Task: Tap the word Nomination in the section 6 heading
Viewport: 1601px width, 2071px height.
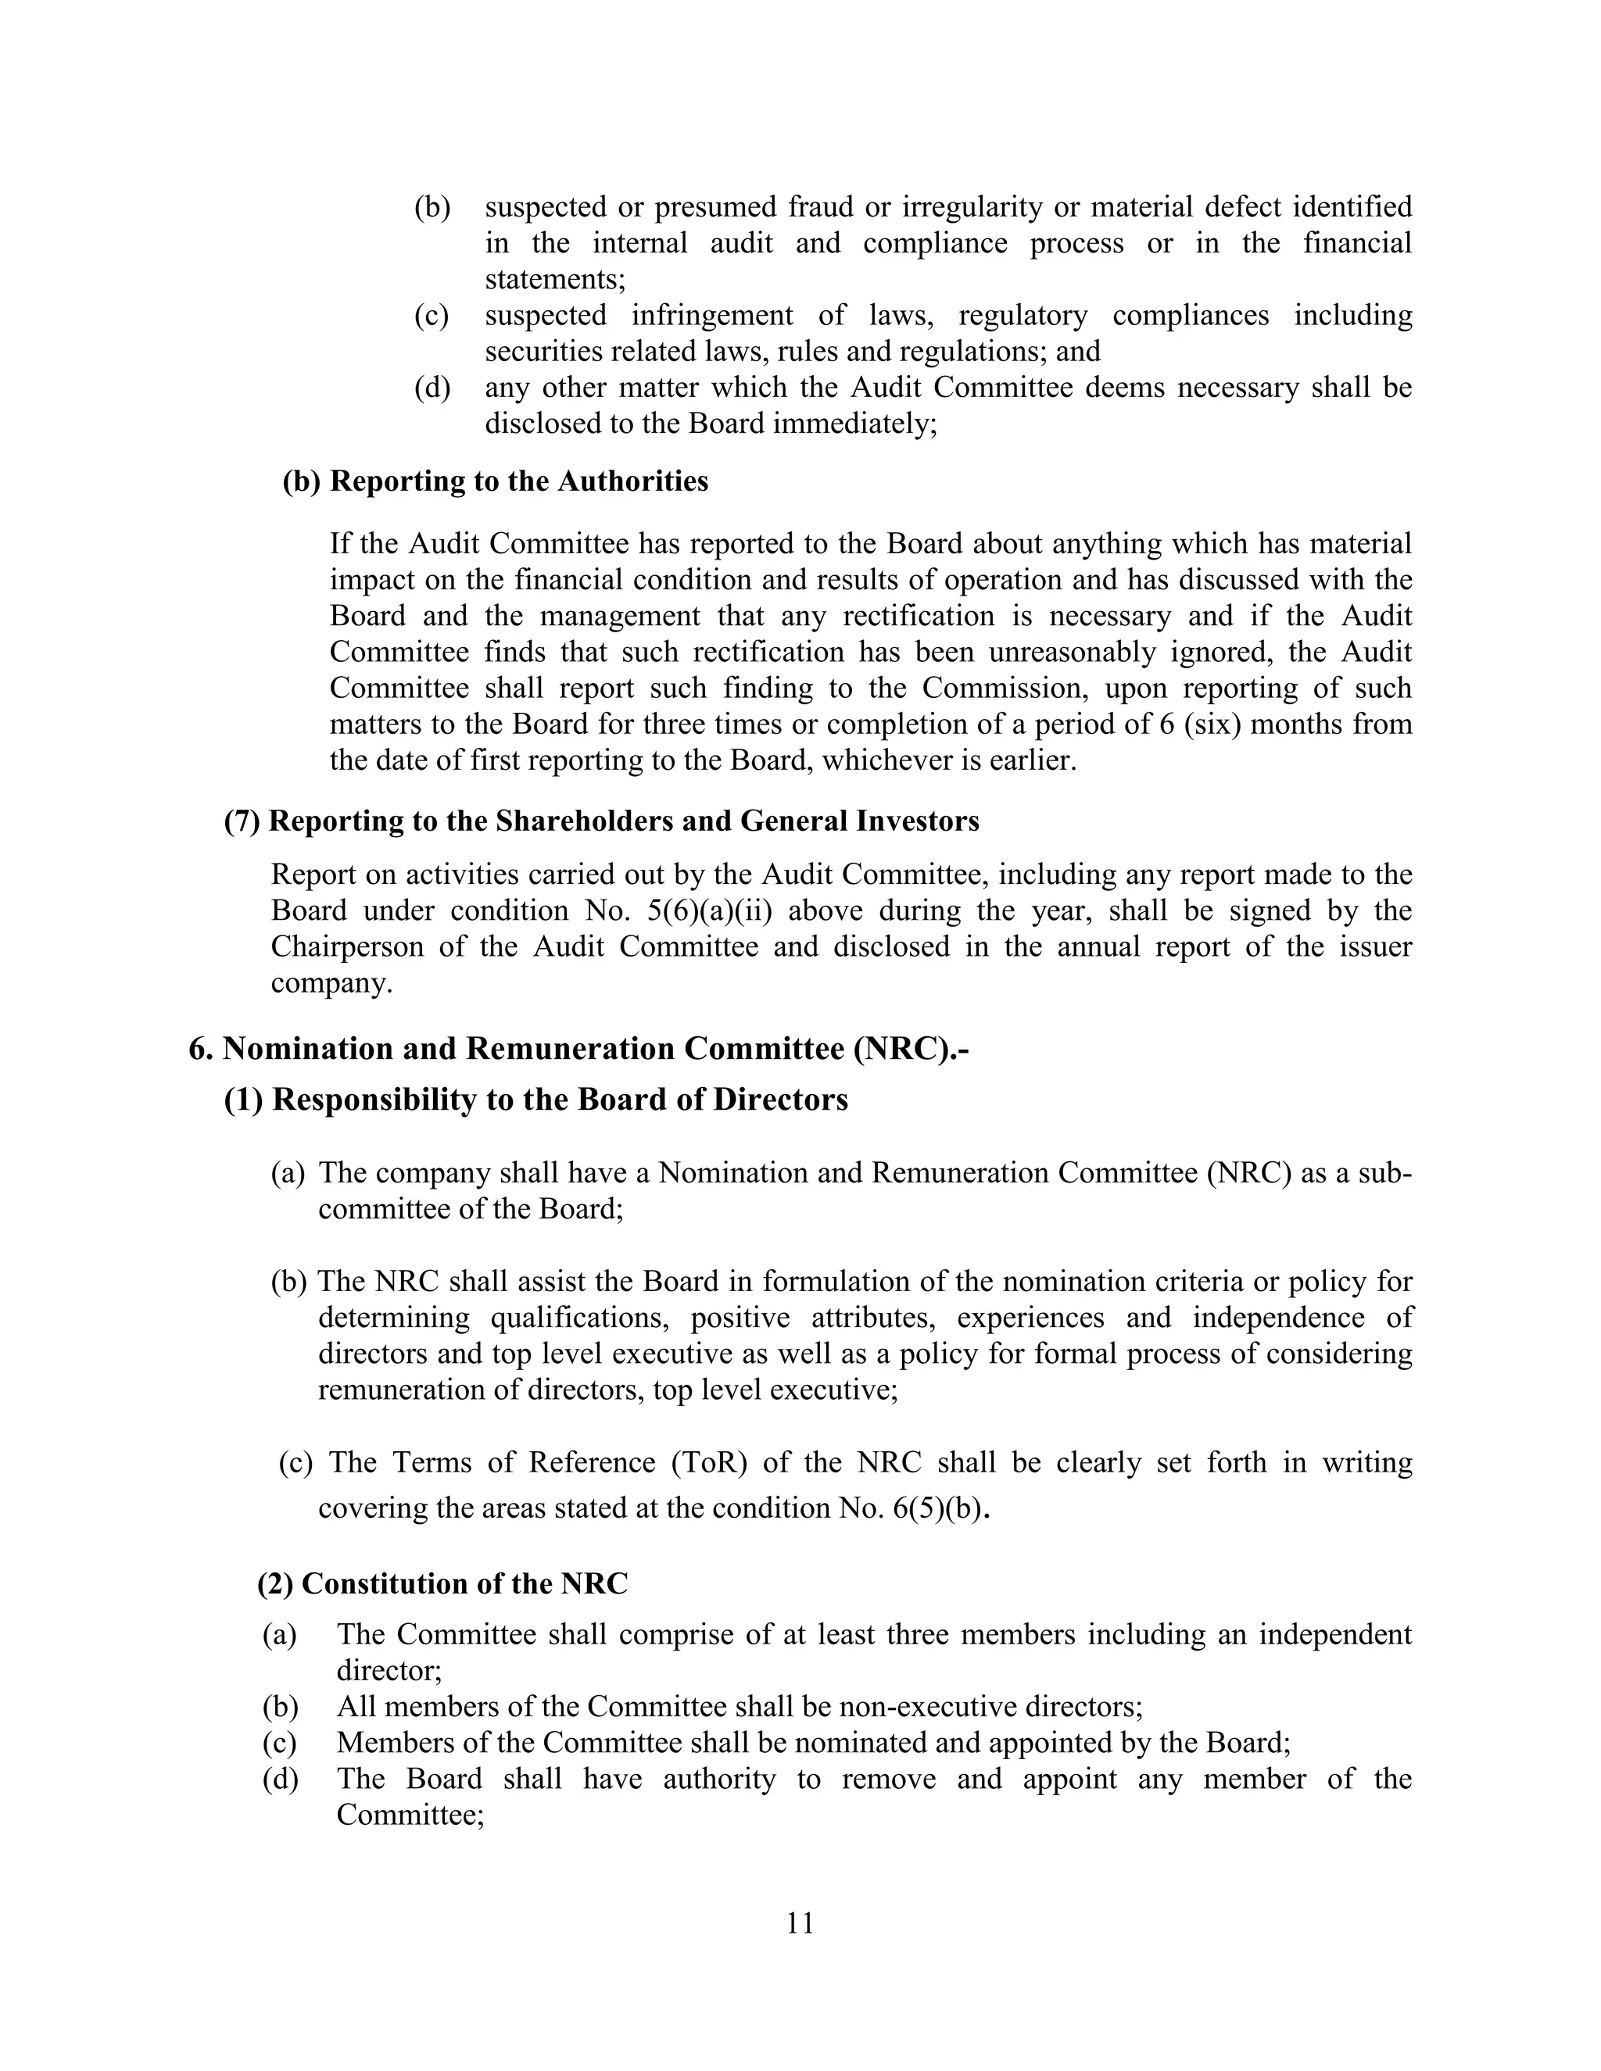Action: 307,1049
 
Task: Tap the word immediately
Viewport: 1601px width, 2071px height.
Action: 854,423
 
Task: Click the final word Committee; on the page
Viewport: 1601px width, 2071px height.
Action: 410,1815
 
